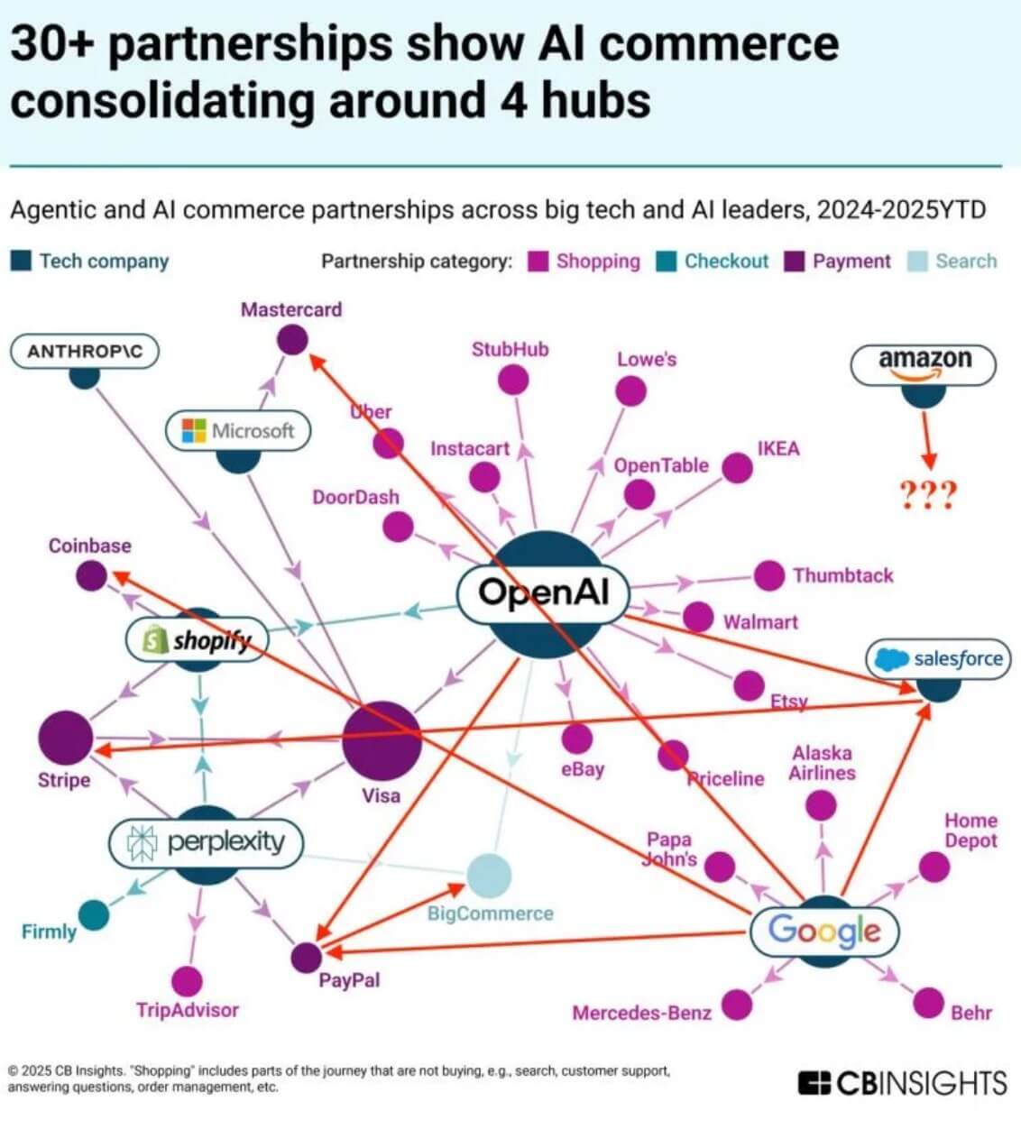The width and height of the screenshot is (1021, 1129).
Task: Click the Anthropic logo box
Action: (84, 351)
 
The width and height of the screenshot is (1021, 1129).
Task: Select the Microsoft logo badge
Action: (238, 430)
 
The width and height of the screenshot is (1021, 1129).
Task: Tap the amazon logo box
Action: (924, 361)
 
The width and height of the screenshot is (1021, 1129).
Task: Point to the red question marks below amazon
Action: (927, 494)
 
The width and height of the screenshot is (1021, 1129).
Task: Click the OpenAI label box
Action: (543, 592)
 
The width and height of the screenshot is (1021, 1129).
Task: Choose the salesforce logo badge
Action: (939, 658)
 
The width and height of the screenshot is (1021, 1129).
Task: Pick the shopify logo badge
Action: (198, 640)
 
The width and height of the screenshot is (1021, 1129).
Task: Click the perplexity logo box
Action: (206, 842)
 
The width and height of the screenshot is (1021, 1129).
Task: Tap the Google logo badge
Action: (824, 929)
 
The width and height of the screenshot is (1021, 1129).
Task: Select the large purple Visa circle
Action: (382, 739)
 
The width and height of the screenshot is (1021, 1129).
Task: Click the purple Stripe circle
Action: (65, 737)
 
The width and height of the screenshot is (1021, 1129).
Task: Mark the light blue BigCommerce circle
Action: (489, 875)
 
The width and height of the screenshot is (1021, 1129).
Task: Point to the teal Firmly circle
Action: (93, 915)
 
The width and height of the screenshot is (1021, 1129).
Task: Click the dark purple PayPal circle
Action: (307, 956)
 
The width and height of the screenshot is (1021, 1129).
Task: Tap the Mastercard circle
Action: (291, 340)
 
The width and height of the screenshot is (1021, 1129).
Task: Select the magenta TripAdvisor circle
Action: (187, 981)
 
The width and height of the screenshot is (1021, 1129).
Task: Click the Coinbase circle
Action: (90, 575)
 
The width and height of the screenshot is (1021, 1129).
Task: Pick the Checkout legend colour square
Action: (667, 262)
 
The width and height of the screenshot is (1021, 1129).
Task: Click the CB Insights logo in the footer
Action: (902, 1082)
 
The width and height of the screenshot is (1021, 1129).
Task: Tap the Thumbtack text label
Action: (842, 575)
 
